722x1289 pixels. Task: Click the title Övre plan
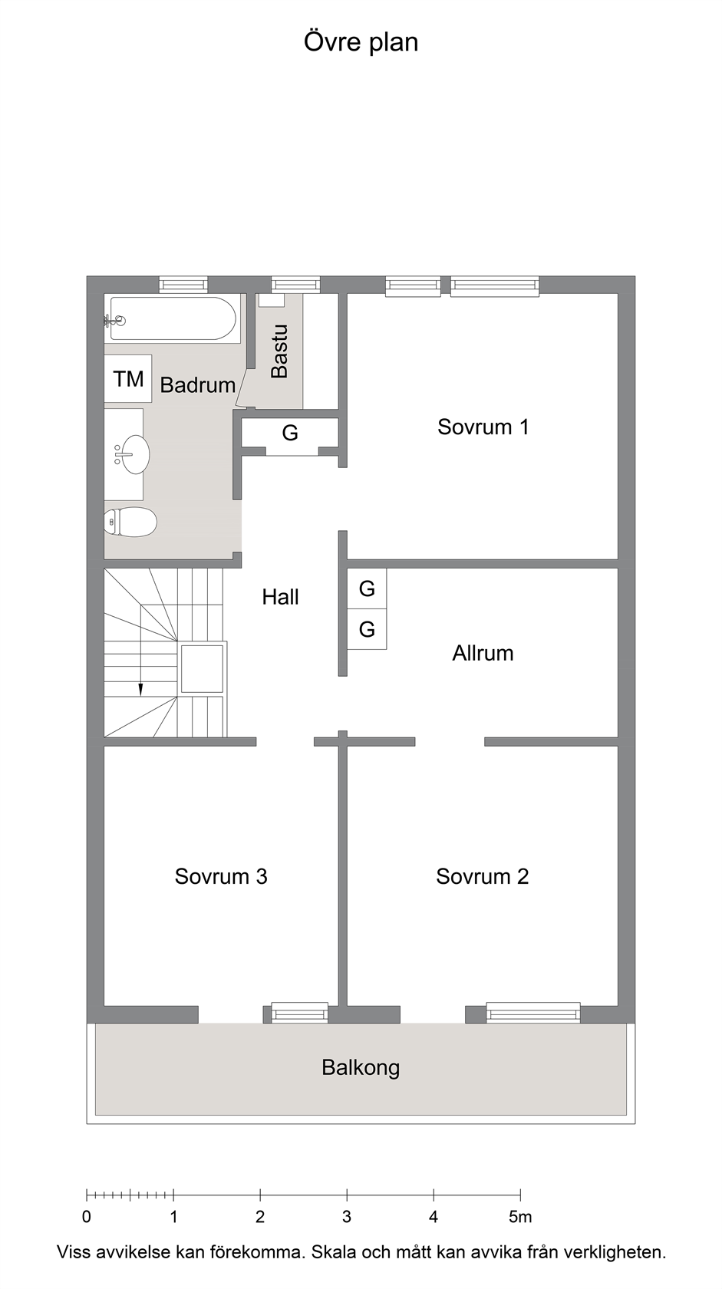coord(361,43)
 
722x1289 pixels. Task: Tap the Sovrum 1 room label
coord(483,427)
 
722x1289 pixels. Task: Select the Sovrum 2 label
coord(482,876)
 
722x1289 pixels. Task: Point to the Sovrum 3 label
coord(221,876)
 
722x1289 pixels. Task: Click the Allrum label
coord(483,653)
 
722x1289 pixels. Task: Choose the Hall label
coord(280,597)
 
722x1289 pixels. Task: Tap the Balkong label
coord(361,1068)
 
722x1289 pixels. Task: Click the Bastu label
coord(279,351)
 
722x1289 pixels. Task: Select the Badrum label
coord(198,385)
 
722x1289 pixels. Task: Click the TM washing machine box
coord(127,379)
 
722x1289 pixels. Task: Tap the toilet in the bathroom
coord(130,522)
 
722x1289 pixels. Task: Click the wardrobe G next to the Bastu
coord(290,433)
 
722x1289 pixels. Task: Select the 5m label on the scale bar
coord(521,1217)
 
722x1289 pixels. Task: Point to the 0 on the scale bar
coord(86,1217)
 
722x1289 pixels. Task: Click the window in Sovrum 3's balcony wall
coord(299,1012)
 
